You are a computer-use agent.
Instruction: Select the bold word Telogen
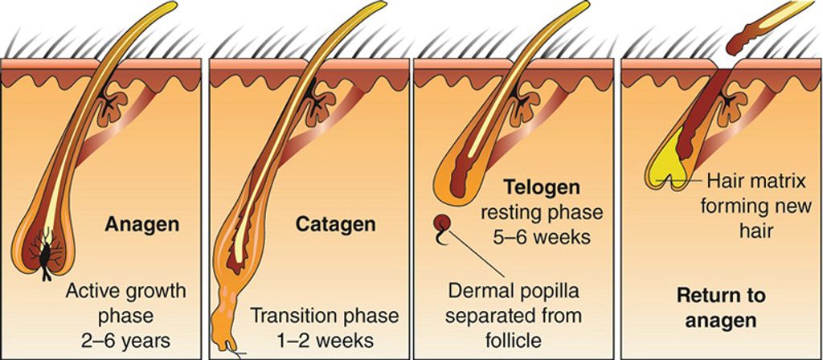click(x=541, y=188)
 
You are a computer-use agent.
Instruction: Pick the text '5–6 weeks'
click(x=541, y=238)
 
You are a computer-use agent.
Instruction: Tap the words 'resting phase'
click(x=541, y=213)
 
